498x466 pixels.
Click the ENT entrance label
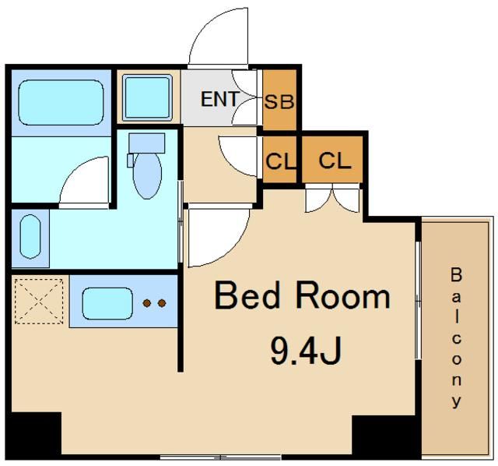click(219, 99)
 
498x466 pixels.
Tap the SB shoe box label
click(279, 102)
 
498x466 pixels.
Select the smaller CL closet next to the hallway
click(280, 160)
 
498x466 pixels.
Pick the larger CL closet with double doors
click(332, 160)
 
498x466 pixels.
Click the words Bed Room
click(303, 295)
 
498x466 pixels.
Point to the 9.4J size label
click(306, 351)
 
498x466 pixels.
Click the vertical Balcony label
click(457, 337)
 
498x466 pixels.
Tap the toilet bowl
click(147, 176)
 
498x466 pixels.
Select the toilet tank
click(147, 143)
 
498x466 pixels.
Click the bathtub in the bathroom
click(61, 102)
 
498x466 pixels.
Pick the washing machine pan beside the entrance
click(147, 97)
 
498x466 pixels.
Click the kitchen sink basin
click(107, 303)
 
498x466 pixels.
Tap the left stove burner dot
click(147, 303)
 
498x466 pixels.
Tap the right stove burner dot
click(162, 303)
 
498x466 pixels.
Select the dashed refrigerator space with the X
click(39, 302)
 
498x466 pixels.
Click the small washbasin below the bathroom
click(30, 236)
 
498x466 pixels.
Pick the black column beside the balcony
click(387, 436)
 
